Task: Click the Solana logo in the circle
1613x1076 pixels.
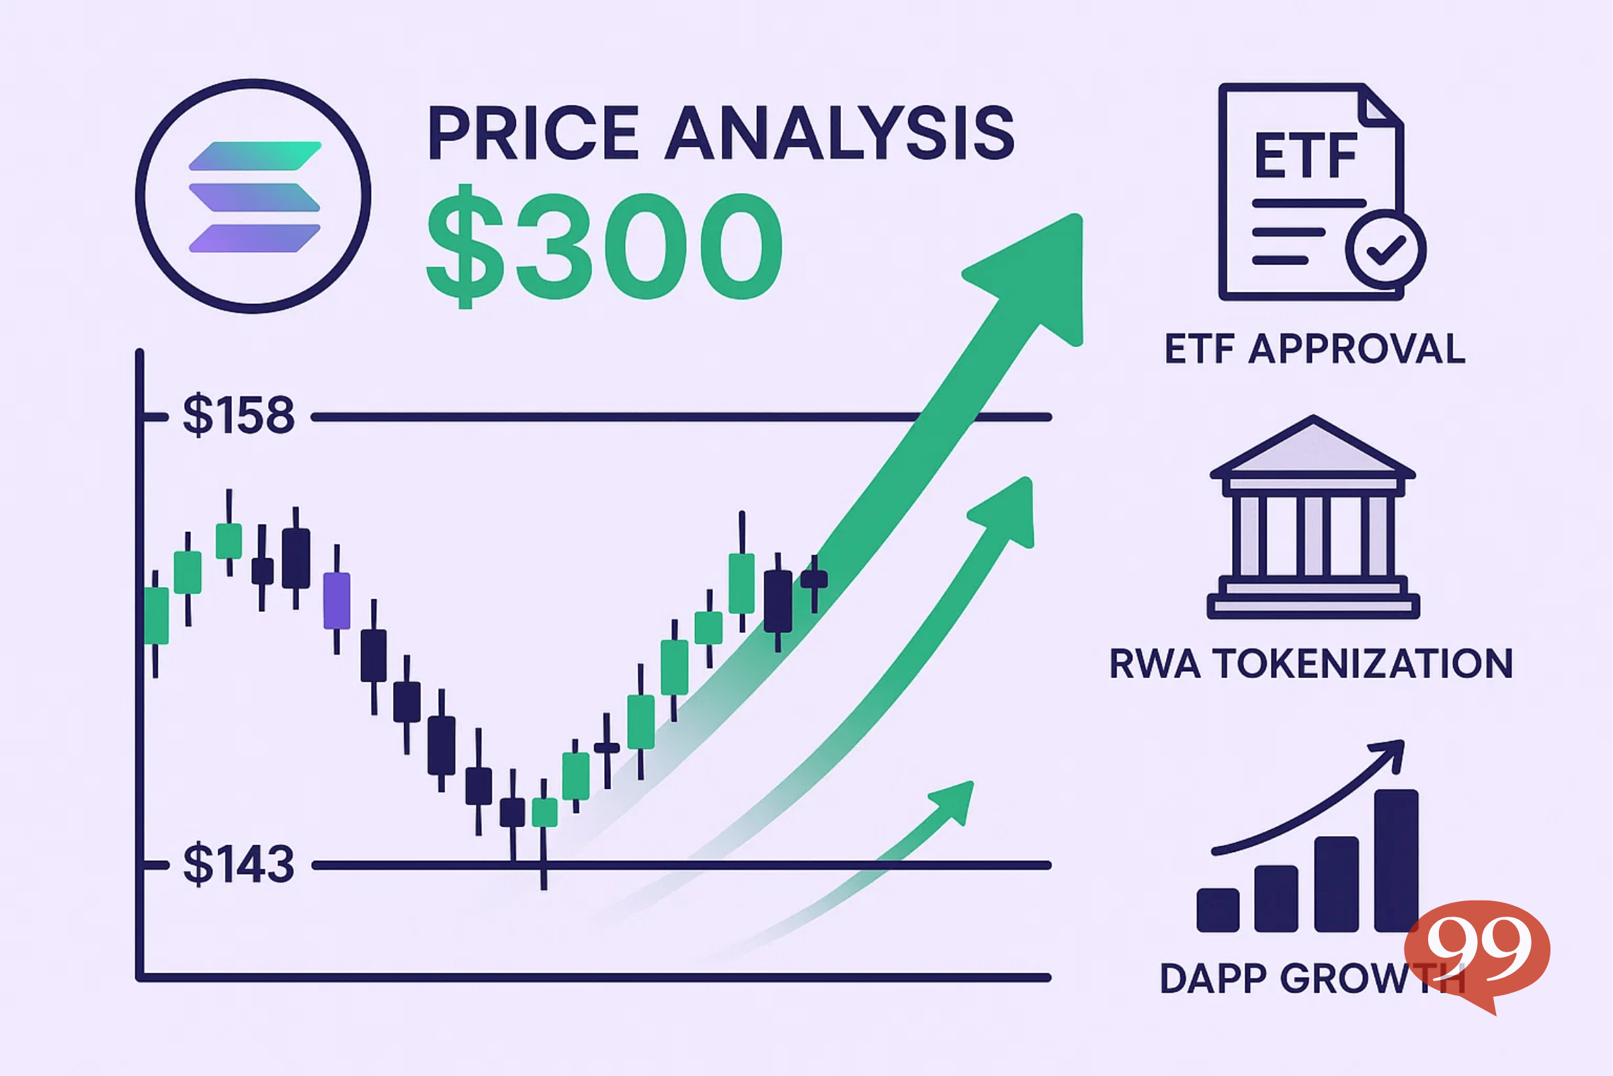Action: tap(255, 196)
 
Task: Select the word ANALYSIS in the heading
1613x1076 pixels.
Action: tap(840, 134)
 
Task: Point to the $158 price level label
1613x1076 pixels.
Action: tap(238, 415)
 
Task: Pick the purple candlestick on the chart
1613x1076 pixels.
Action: tap(336, 601)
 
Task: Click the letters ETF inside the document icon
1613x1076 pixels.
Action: tap(1305, 157)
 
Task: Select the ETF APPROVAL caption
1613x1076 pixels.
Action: tap(1315, 349)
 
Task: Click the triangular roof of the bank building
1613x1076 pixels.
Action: tap(1313, 447)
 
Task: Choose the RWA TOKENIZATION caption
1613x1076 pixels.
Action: tap(1311, 664)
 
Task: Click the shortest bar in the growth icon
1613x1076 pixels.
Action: tap(1217, 909)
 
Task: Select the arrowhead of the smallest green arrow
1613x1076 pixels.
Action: tap(954, 800)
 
